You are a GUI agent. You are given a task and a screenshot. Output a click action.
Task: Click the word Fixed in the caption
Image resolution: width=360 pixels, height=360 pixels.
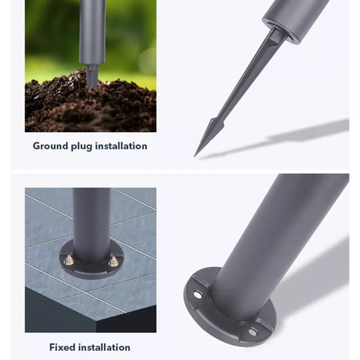[x=62, y=347]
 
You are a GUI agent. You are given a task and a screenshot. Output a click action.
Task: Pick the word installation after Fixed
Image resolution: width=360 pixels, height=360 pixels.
[x=104, y=347]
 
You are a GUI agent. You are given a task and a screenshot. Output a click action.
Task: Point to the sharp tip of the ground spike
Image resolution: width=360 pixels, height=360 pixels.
[x=194, y=157]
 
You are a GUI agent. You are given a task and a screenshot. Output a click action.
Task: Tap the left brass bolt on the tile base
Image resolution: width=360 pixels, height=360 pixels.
[x=68, y=260]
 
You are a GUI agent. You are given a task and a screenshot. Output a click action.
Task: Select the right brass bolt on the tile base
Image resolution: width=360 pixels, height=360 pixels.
[x=112, y=261]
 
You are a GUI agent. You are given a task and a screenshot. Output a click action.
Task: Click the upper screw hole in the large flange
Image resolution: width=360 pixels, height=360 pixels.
[x=198, y=295]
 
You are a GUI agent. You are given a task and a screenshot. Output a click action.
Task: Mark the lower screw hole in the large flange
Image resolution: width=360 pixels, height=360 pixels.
[x=253, y=332]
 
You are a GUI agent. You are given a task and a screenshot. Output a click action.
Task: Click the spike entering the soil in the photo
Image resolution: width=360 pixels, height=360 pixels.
[x=91, y=75]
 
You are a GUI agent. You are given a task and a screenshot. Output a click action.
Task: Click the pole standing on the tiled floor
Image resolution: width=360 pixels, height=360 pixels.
[x=91, y=223]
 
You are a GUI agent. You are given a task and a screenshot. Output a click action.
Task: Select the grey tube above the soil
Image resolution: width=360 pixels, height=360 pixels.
[x=91, y=31]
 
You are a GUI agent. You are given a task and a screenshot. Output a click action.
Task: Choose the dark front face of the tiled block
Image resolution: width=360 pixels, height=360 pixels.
[x=62, y=311]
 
